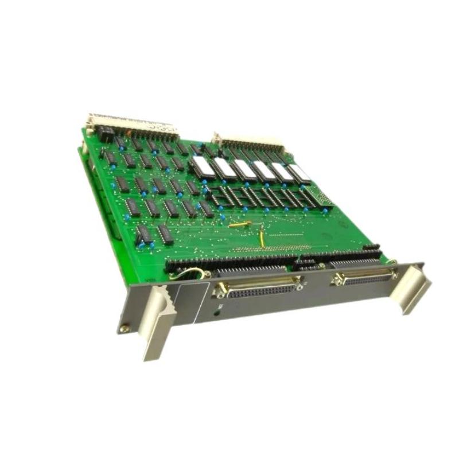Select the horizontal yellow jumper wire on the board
point(239,225)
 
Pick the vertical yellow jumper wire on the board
point(261,238)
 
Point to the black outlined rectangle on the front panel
point(189,298)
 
